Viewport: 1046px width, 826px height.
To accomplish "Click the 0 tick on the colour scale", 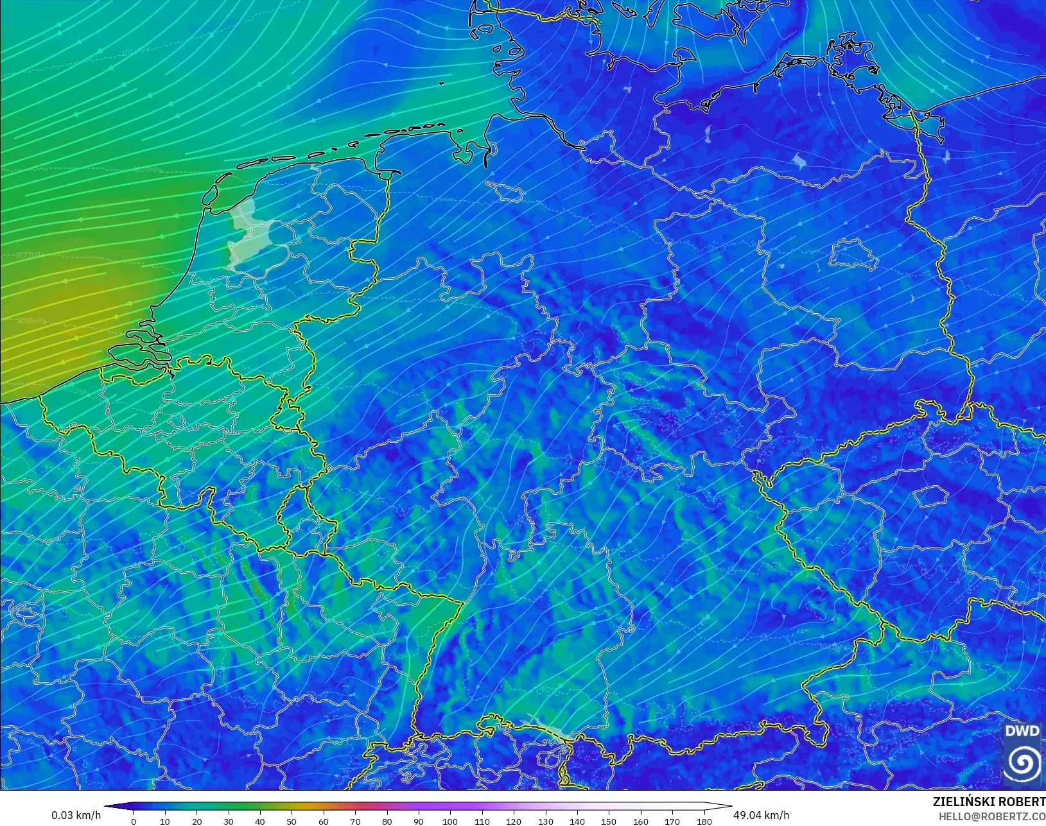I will coord(134,821).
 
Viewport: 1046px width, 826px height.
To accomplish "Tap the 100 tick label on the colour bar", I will coord(450,822).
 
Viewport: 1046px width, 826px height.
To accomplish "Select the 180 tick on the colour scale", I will coord(704,821).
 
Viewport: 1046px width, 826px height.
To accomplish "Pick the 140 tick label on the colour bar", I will coord(577,822).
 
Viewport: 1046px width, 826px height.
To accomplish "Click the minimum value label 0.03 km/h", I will coord(76,815).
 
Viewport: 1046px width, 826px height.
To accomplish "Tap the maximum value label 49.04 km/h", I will coord(761,815).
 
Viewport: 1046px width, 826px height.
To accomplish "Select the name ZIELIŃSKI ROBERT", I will coord(989,802).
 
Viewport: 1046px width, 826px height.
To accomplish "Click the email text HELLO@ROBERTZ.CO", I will coord(992,817).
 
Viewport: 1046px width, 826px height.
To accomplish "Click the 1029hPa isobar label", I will coord(148,169).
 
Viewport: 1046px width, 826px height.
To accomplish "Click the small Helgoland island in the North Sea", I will coord(441,83).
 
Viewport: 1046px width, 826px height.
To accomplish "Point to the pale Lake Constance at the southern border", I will coord(546,726).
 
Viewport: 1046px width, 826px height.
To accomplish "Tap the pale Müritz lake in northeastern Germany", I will coord(799,160).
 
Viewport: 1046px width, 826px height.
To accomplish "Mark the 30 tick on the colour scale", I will coord(229,821).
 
